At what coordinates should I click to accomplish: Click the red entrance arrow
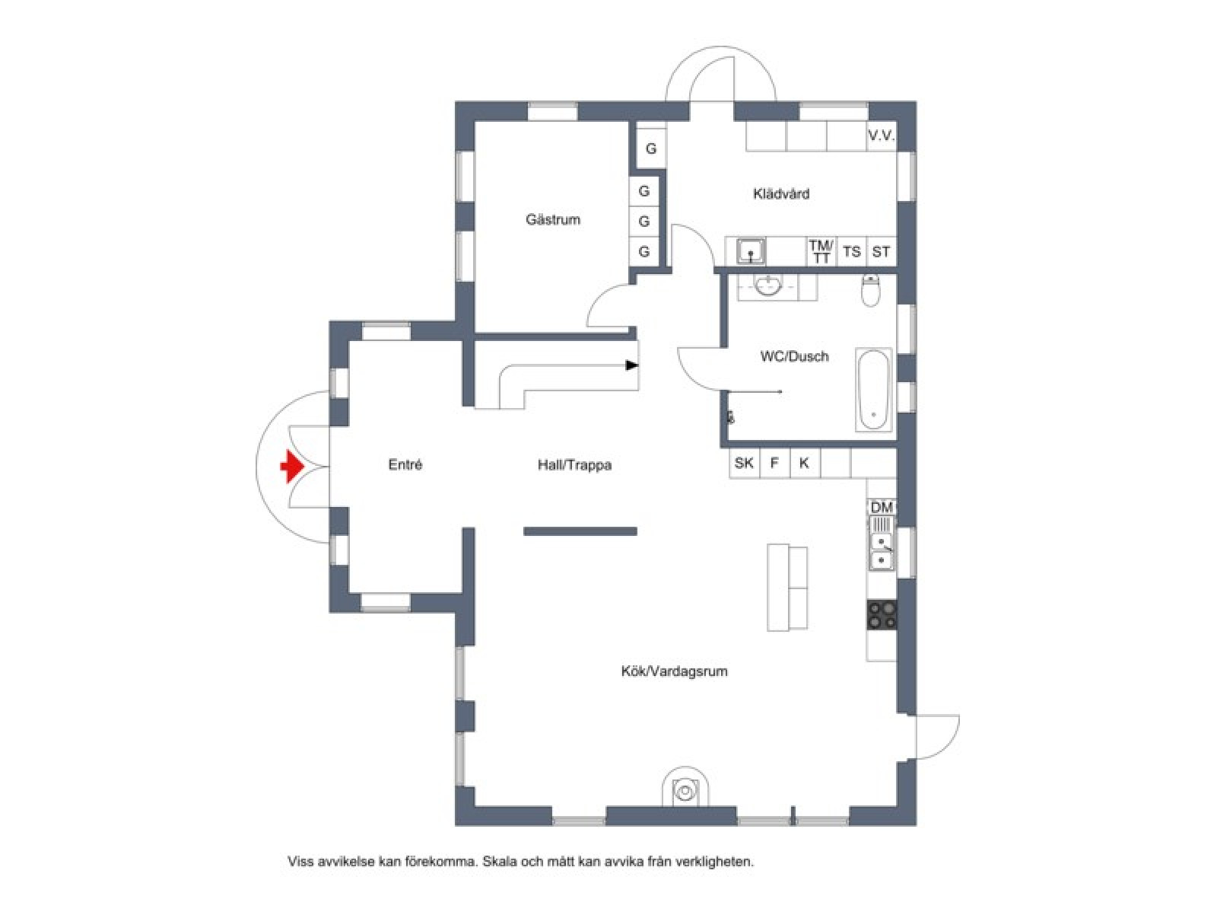coord(291,467)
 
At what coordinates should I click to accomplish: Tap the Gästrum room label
coord(553,220)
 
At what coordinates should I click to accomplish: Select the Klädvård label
coord(780,193)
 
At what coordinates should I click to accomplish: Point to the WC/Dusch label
coord(795,356)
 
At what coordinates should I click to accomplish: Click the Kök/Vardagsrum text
coord(674,671)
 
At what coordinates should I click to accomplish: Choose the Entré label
coord(405,464)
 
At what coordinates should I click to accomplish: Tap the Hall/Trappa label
coord(574,465)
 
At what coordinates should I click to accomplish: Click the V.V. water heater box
coord(881,136)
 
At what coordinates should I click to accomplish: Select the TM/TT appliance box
coord(821,251)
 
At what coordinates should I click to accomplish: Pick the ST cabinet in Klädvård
coord(881,251)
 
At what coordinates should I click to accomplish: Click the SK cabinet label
coord(743,463)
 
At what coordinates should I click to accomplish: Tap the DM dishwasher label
coord(882,507)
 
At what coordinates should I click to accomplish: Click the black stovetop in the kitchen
coord(882,615)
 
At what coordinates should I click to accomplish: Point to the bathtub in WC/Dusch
coord(873,390)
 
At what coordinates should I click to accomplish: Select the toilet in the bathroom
coord(871,290)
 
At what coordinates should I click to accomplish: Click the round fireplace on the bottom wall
coord(686,790)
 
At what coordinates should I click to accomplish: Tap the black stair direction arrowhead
coord(631,365)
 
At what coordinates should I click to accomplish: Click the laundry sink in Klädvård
coord(751,251)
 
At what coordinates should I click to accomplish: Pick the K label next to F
coord(804,463)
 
